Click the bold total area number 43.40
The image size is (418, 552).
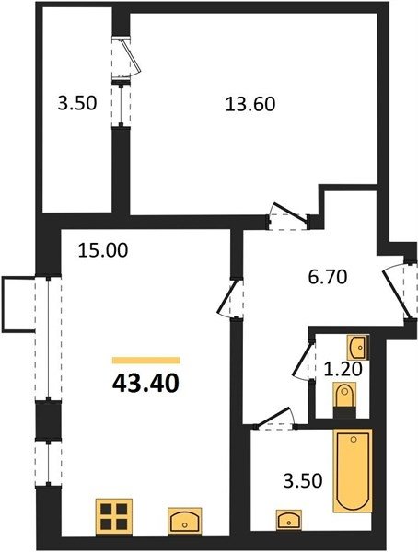(145, 383)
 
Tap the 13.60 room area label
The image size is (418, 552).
(250, 104)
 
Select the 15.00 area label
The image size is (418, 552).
(103, 250)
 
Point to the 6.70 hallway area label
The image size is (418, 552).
(328, 277)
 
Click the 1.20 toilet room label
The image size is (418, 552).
(343, 369)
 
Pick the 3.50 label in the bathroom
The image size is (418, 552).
(303, 480)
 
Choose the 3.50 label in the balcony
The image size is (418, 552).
(77, 104)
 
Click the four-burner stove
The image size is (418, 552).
(114, 516)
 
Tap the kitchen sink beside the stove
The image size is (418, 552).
(184, 522)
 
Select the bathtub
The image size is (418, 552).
(353, 470)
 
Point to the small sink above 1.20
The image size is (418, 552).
(358, 347)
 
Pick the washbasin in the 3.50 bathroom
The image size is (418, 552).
(289, 520)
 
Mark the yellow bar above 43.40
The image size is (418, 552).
(146, 360)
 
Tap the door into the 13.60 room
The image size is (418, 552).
(287, 216)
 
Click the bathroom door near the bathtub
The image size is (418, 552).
(275, 420)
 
